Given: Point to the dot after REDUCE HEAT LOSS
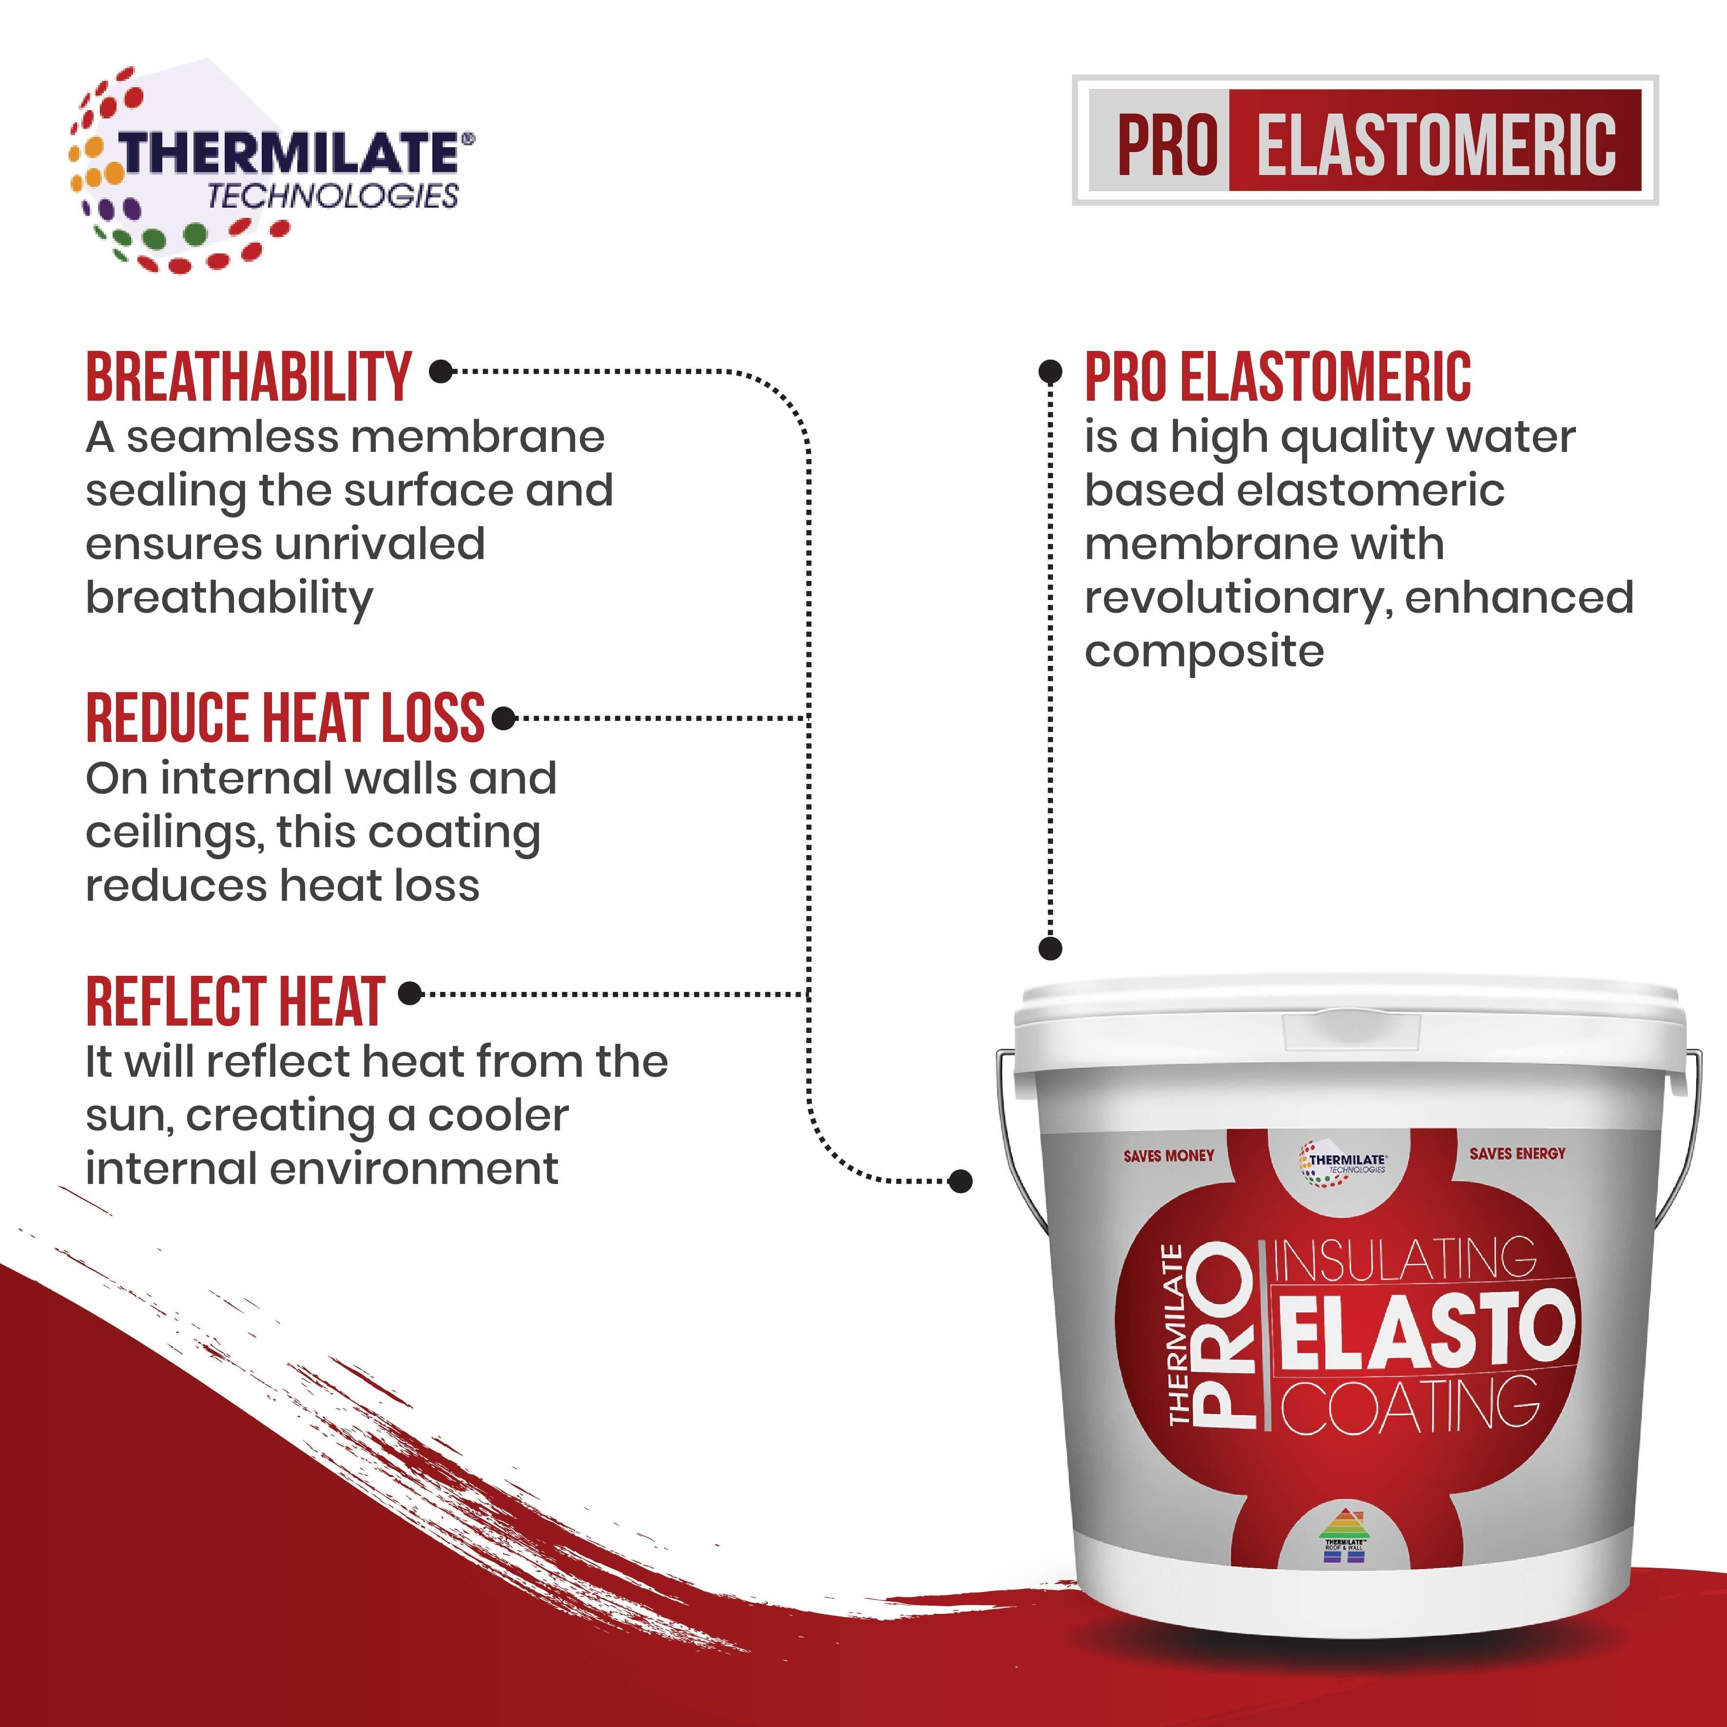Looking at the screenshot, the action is click(x=504, y=718).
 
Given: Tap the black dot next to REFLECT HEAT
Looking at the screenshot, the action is click(x=409, y=993).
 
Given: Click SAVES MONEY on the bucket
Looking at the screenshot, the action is click(x=1169, y=1156).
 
